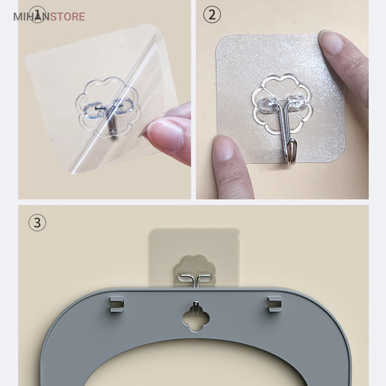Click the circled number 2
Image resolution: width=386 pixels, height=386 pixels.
[212, 15]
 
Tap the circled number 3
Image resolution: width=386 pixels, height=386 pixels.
[37, 223]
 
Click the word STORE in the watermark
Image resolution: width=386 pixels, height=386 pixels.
[67, 17]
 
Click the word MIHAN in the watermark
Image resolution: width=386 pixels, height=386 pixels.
[31, 17]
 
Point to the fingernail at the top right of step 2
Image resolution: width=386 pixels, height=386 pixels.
[331, 42]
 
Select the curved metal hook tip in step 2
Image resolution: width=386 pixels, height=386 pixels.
[292, 152]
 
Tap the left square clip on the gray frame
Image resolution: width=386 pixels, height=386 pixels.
[117, 304]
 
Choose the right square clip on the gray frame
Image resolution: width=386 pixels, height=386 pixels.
[274, 304]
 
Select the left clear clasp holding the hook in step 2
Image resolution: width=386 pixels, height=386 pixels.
[268, 104]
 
